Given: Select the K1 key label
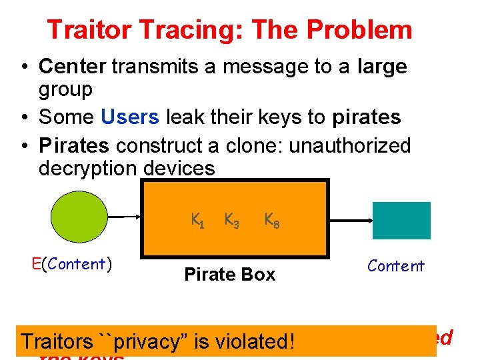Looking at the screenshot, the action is click(x=197, y=219).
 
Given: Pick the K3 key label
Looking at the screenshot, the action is click(x=232, y=219).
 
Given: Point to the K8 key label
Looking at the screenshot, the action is click(x=271, y=219).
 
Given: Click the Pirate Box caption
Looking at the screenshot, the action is click(x=229, y=275).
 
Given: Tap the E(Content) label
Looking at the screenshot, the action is click(x=72, y=264).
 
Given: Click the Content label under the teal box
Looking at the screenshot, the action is click(x=395, y=266).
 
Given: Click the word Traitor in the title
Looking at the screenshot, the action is click(x=83, y=30).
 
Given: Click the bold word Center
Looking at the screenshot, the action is click(x=73, y=66).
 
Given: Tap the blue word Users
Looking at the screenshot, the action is click(x=130, y=117).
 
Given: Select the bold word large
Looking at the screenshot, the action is click(x=382, y=66).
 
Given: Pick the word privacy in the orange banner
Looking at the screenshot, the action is click(x=151, y=341).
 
